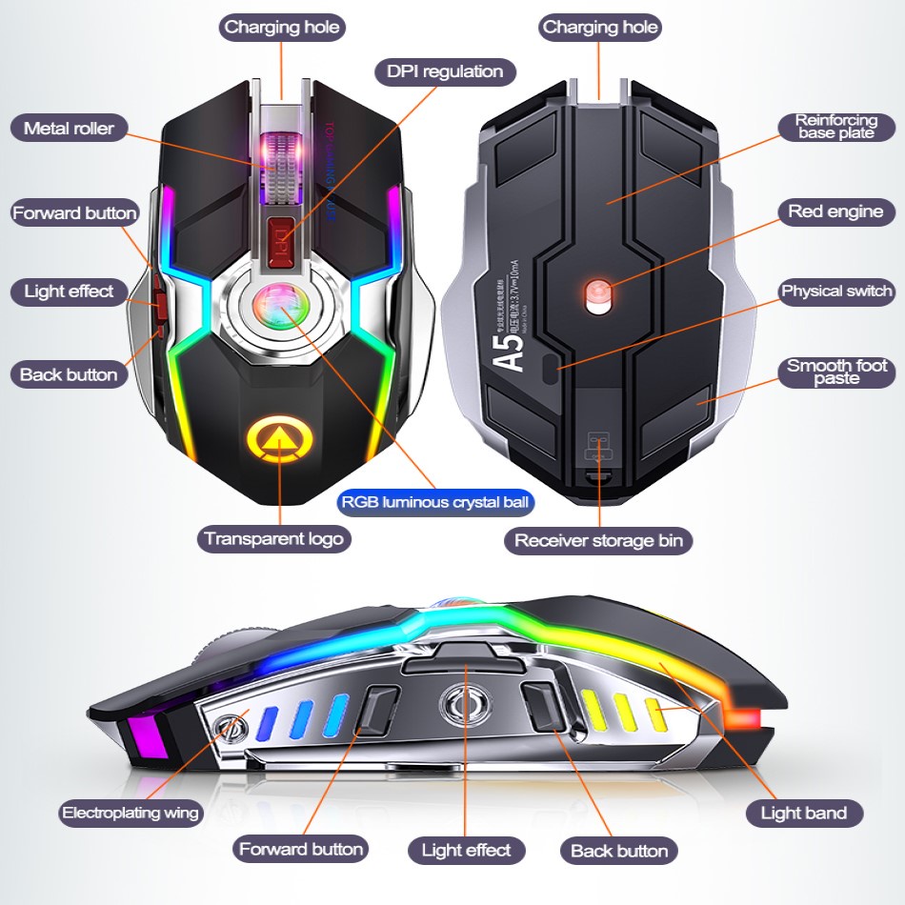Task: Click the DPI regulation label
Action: (x=445, y=71)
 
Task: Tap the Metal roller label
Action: (x=69, y=129)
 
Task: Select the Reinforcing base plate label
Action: (x=836, y=127)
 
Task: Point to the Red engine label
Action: (x=835, y=211)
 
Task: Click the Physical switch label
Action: (x=836, y=292)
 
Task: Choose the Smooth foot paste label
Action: (x=836, y=372)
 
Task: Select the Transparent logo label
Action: (x=274, y=538)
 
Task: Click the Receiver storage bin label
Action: (x=598, y=541)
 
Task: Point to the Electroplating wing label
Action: (x=131, y=813)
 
